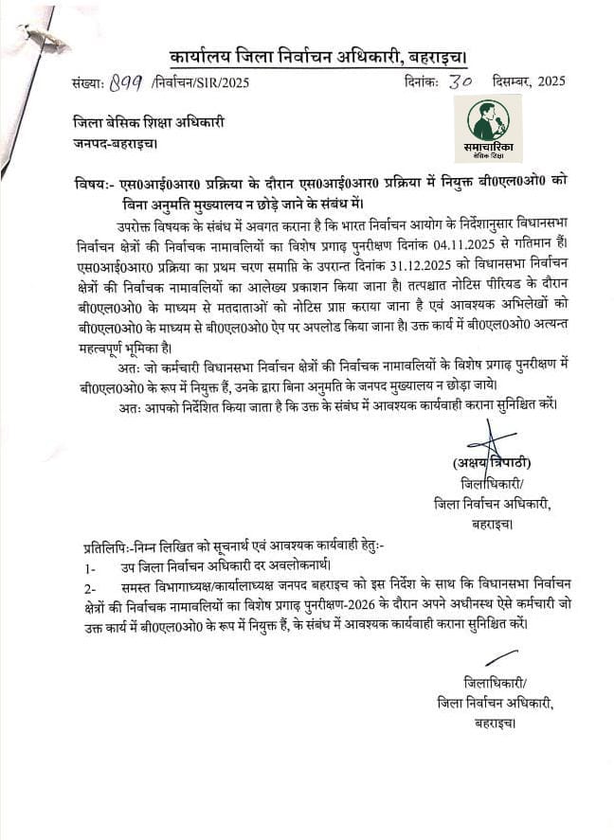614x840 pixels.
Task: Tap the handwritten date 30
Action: point(461,80)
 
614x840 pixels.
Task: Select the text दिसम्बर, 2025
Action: point(529,81)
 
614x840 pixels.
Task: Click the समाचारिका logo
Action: point(488,128)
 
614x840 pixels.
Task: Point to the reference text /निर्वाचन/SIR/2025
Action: point(200,82)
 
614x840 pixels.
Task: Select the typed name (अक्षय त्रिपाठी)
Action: point(492,463)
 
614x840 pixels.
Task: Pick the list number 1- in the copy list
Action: point(89,566)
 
